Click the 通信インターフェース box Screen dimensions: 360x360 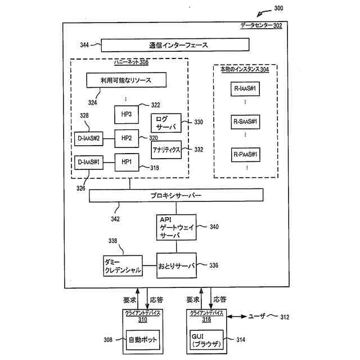(175, 45)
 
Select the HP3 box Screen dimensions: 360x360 (127, 114)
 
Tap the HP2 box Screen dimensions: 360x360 (127, 138)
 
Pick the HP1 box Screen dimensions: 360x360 (127, 163)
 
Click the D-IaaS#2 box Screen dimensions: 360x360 (89, 139)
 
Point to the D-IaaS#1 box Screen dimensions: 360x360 (89, 163)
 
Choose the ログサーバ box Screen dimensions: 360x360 (166, 123)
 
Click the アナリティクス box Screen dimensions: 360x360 (166, 150)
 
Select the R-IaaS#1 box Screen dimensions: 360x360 (245, 89)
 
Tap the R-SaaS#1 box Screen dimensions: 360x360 (245, 121)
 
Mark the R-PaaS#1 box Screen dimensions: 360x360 (246, 155)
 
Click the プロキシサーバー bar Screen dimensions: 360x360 (176, 195)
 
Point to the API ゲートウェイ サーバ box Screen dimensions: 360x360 (176, 227)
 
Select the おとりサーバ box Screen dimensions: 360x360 (177, 265)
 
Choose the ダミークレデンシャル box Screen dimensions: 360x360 (123, 266)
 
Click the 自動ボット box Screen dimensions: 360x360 (143, 340)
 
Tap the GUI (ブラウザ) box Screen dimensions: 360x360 (206, 340)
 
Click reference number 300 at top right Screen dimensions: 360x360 (278, 8)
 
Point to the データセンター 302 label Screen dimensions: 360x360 (261, 25)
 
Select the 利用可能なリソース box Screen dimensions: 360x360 (126, 80)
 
